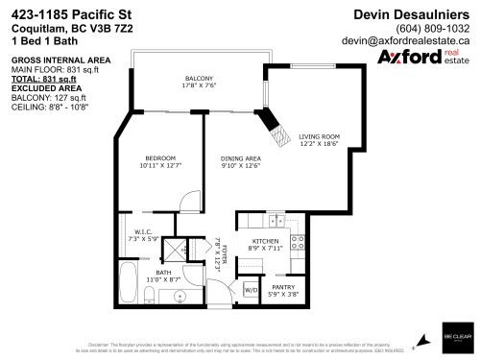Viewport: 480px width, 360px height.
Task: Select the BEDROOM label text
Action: [160, 157]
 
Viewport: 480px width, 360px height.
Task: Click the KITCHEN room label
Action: [264, 242]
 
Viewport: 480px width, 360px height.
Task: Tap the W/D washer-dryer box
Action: [251, 289]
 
